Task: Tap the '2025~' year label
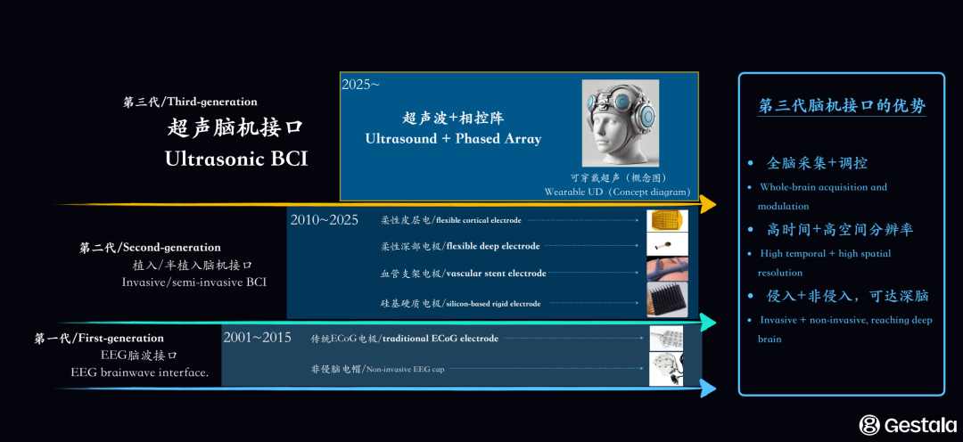pyautogui.click(x=360, y=84)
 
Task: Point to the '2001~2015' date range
pyautogui.click(x=257, y=338)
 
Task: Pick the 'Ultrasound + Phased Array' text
pyautogui.click(x=453, y=139)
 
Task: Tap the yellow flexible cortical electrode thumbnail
pyautogui.click(x=667, y=220)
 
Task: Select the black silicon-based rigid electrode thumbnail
pyautogui.click(x=667, y=301)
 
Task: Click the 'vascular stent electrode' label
pyautogui.click(x=496, y=274)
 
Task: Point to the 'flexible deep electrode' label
pyautogui.click(x=492, y=246)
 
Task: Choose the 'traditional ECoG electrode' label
pyautogui.click(x=440, y=339)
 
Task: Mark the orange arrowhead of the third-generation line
pyautogui.click(x=707, y=204)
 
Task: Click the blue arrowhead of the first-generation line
pyautogui.click(x=707, y=388)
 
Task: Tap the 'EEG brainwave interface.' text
pyautogui.click(x=140, y=372)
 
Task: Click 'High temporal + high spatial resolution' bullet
pyautogui.click(x=825, y=263)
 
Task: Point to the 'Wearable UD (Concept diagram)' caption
pyautogui.click(x=617, y=192)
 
